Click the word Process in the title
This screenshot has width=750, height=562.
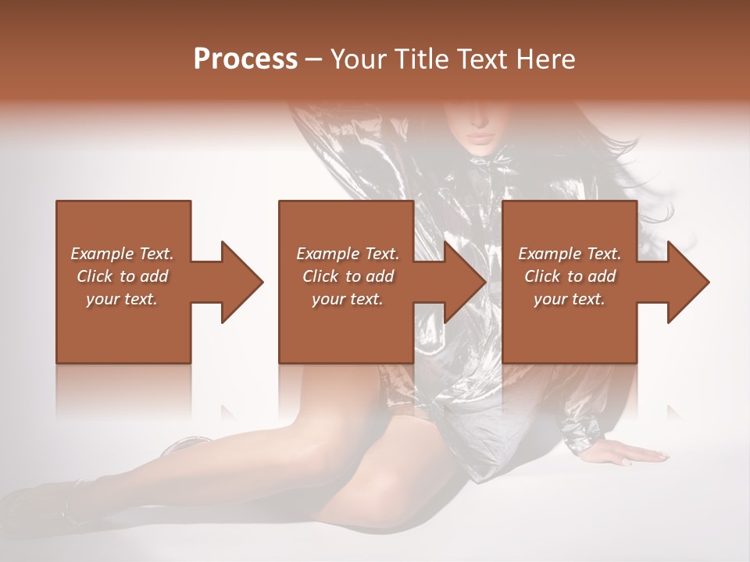pos(245,59)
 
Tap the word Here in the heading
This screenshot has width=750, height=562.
pos(545,59)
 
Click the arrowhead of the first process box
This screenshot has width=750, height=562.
pos(241,282)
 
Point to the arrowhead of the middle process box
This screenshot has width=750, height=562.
pos(464,282)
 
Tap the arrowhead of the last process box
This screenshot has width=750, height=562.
pos(687,282)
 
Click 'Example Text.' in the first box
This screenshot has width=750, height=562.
pos(122,254)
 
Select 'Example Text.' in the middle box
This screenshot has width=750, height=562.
pos(348,254)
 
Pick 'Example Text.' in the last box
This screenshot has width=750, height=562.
pos(570,254)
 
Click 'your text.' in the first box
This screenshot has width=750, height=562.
pos(122,299)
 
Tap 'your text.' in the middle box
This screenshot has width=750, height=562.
pos(348,299)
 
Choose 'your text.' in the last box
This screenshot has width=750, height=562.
pos(570,299)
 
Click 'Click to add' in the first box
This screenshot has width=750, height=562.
pos(122,276)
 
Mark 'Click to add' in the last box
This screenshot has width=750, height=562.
pos(570,276)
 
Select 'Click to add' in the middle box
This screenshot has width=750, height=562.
pos(348,276)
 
